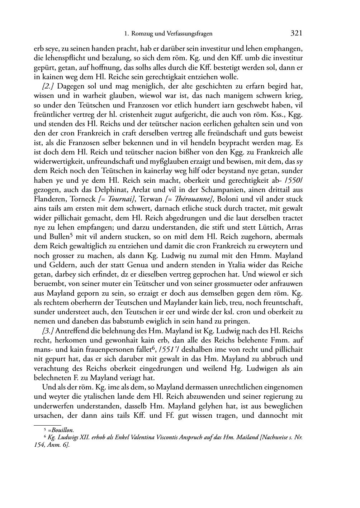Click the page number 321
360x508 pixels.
pyautogui.click(x=296, y=33)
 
